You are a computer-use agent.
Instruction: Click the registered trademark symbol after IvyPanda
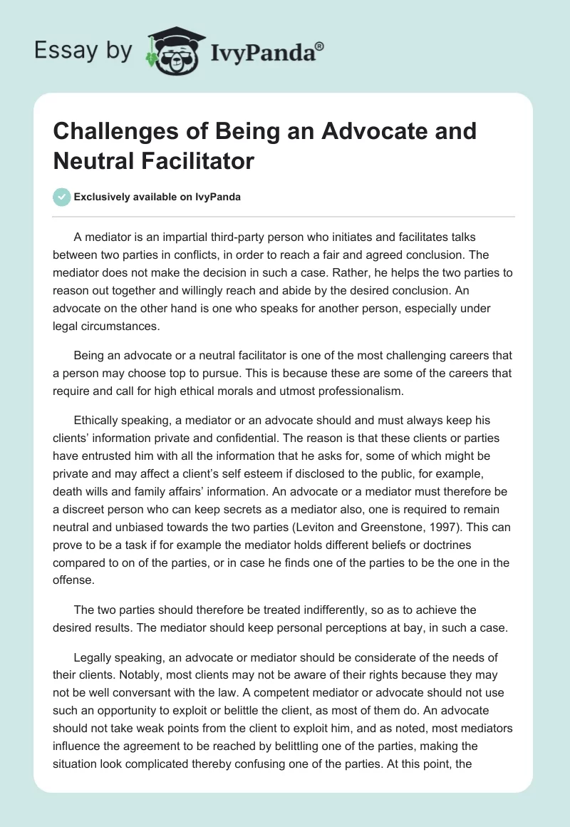coord(320,47)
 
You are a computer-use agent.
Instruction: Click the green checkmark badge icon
coord(62,197)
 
